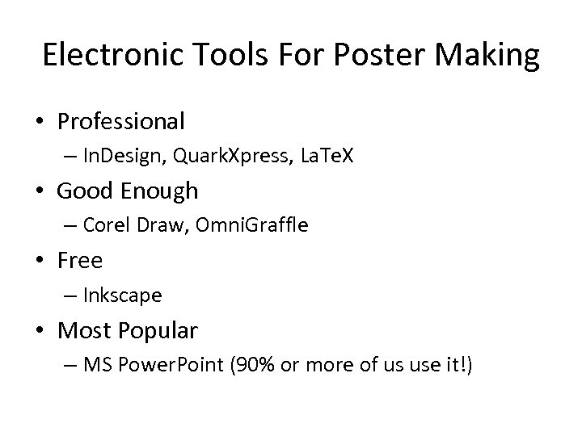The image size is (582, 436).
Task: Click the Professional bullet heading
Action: [121, 122]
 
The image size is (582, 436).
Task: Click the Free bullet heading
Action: [79, 261]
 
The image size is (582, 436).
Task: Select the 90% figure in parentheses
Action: [254, 366]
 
